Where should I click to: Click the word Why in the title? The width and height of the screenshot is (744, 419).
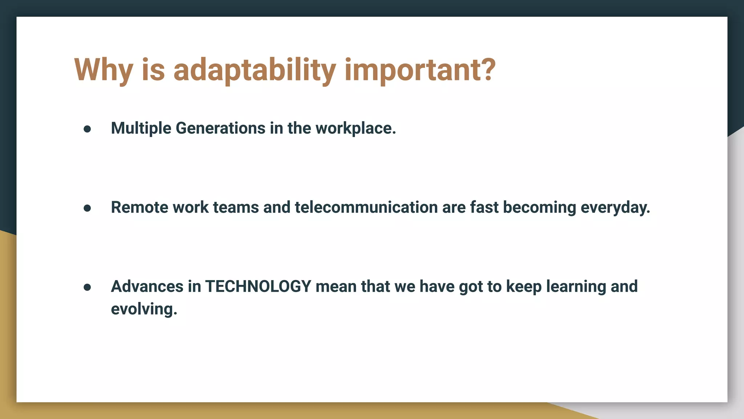point(103,70)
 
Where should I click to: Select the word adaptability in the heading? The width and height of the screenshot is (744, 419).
point(254,70)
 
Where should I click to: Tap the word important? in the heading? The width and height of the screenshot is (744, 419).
point(420,70)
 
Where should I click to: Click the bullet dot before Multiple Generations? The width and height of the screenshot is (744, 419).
point(87,129)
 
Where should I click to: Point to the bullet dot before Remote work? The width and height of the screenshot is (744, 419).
point(87,208)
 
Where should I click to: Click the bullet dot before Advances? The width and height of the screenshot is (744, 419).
point(87,287)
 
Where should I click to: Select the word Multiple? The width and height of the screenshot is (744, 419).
point(141,128)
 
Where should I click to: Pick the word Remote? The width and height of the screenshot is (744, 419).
point(139,207)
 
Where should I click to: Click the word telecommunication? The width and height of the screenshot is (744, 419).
point(366,207)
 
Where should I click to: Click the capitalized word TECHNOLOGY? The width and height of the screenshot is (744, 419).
point(258,287)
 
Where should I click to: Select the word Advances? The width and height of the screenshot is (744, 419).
point(147,287)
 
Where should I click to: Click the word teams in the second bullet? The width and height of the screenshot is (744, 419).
point(236,207)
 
